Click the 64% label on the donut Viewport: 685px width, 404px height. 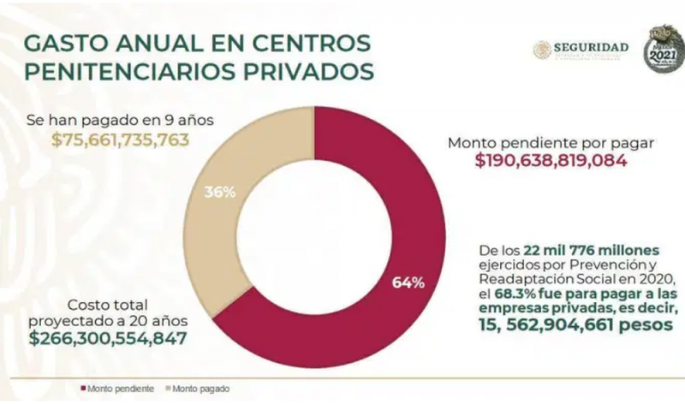tap(408, 283)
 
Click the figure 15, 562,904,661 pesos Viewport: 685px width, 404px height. tap(577, 326)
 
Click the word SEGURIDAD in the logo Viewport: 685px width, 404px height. tap(591, 46)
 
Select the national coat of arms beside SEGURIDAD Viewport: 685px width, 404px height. tap(541, 50)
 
